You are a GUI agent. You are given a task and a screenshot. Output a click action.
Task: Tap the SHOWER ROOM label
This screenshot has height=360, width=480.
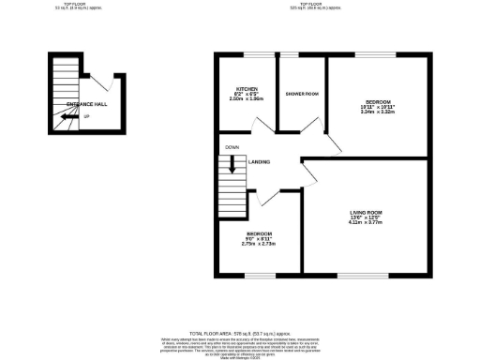(301, 93)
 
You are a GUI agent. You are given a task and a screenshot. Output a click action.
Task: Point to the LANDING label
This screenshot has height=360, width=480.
(260, 162)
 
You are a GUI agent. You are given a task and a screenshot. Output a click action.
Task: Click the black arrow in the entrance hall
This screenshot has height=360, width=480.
(65, 117)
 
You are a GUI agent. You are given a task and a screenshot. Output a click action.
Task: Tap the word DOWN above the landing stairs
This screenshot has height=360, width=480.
(231, 147)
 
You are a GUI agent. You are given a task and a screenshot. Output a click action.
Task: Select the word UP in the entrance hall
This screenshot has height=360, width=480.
(86, 116)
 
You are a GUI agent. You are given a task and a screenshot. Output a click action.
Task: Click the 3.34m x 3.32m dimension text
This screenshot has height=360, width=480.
(379, 112)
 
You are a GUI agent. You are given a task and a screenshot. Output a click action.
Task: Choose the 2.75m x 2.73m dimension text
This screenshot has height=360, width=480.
(260, 243)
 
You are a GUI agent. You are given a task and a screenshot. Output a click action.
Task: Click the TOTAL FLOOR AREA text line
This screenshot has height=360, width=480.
(240, 333)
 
